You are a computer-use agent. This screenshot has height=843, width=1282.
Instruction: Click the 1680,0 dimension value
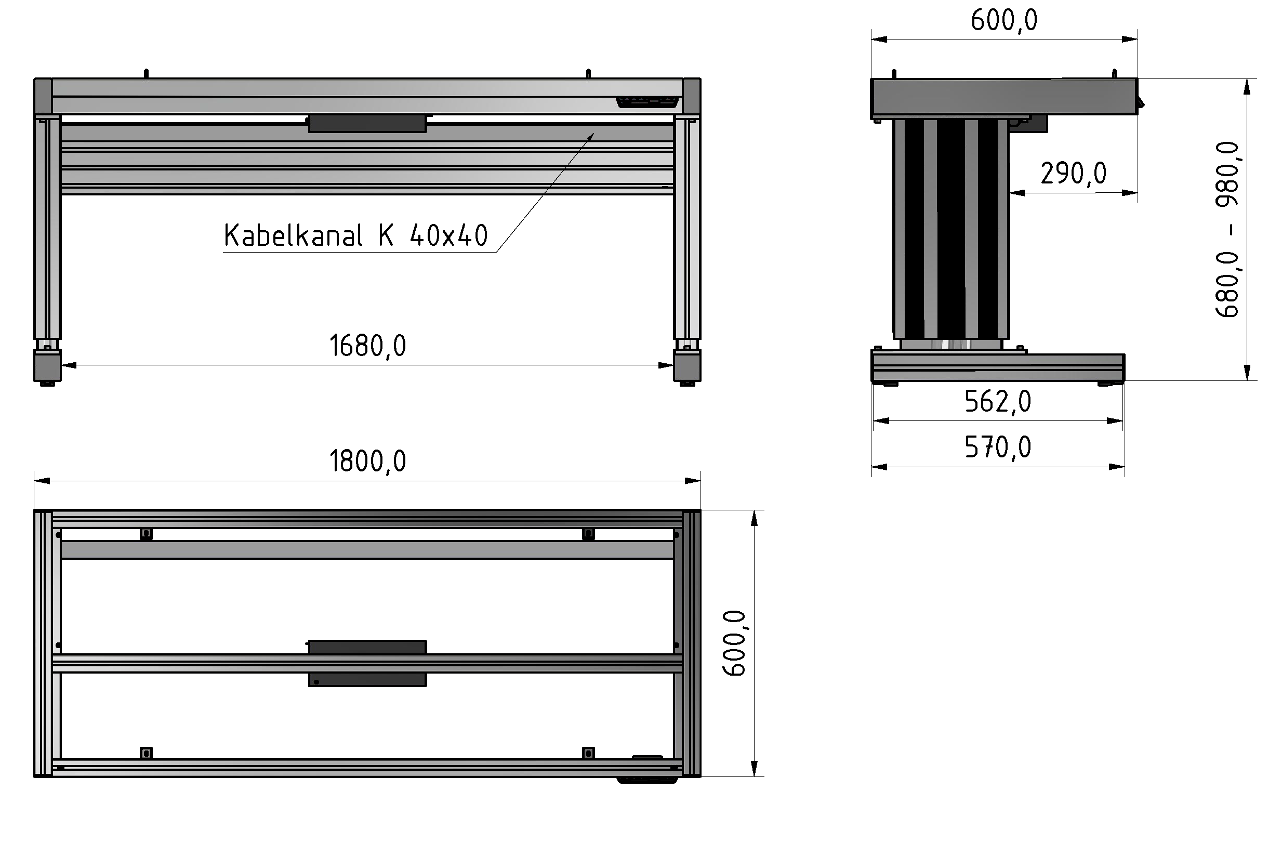point(367,346)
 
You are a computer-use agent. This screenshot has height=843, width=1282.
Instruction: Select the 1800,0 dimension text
point(367,462)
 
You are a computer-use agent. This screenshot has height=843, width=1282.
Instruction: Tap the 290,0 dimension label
point(1073,174)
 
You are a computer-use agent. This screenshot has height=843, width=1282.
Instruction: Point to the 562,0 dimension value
point(998,402)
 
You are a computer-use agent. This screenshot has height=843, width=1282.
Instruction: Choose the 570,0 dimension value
point(998,447)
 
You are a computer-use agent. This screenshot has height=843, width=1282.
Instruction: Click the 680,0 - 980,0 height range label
point(1227,230)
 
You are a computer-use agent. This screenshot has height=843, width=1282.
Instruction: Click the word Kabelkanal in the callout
point(293,236)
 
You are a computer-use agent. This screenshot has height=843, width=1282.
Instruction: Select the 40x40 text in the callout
point(448,236)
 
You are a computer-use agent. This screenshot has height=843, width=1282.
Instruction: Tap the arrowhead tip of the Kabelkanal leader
point(593,134)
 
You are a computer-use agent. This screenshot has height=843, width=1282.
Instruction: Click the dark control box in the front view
point(367,123)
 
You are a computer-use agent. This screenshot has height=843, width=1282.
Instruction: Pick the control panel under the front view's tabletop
point(647,102)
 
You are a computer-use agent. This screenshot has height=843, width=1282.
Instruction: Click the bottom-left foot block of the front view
point(47,365)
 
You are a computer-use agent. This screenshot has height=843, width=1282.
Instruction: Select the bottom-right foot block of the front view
point(687,365)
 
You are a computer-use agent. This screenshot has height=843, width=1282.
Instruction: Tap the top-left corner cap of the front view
point(43,96)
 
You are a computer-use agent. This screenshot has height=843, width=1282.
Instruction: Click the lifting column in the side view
point(951,229)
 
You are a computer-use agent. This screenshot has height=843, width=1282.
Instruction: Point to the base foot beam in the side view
point(998,367)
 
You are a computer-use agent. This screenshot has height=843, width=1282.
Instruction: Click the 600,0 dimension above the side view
point(1004,20)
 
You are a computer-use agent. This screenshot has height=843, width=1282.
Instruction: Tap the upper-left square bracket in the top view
point(146,534)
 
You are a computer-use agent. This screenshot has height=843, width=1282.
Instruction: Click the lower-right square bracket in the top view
point(588,753)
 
